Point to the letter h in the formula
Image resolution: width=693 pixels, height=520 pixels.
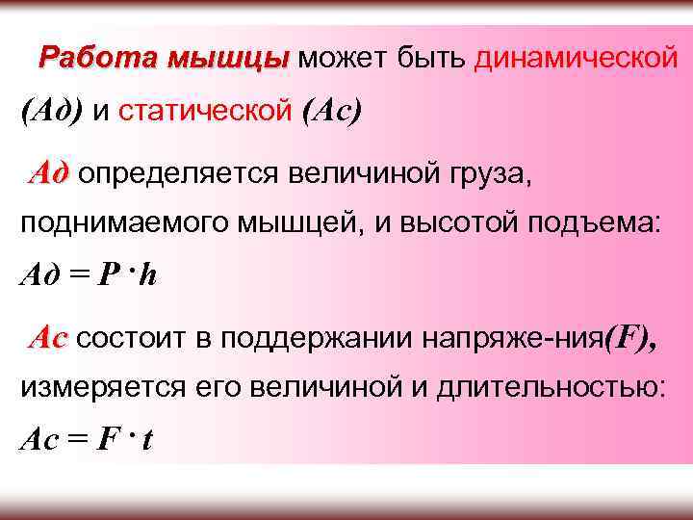[x=148, y=276]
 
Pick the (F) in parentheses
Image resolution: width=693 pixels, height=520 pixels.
[x=630, y=338]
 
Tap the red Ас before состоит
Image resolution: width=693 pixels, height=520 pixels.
[x=48, y=338]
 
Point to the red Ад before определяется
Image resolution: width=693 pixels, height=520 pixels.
[x=48, y=174]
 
